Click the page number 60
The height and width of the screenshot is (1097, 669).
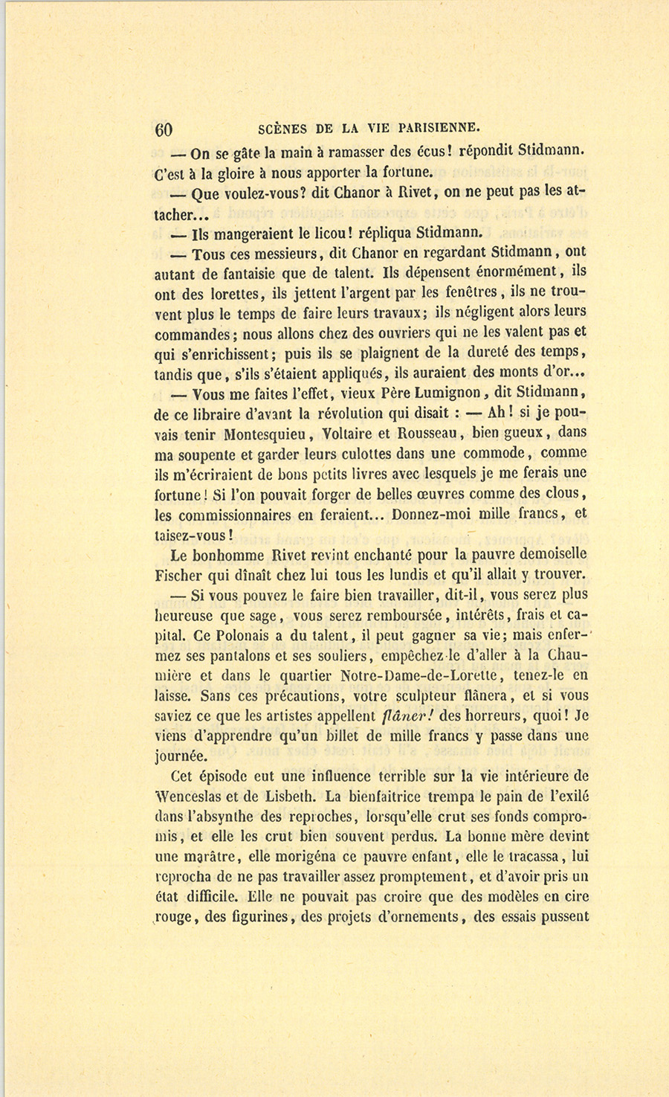(164, 129)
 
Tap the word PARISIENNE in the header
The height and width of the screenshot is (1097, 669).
(436, 126)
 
